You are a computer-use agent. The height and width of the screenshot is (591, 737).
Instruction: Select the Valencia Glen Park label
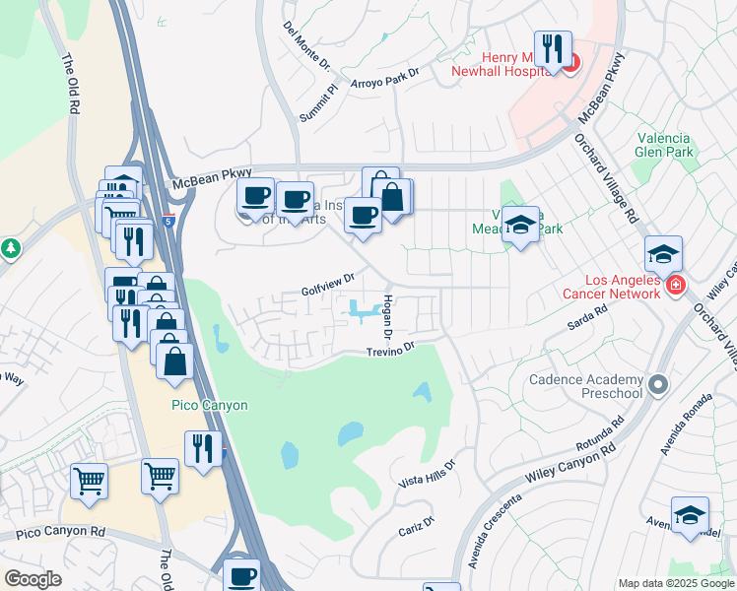[x=664, y=145]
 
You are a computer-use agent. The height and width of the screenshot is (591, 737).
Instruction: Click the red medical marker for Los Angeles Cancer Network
[x=675, y=286]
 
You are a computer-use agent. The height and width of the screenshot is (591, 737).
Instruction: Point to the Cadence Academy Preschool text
[x=585, y=386]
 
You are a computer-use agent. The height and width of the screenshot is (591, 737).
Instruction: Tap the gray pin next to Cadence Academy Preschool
[x=659, y=384]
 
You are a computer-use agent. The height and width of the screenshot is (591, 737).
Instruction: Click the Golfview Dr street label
[x=327, y=287]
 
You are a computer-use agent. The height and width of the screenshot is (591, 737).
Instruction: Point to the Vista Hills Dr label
[x=427, y=474]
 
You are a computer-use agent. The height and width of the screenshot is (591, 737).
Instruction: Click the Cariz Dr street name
[x=415, y=526]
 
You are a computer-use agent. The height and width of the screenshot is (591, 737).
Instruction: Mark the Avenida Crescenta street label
[x=489, y=541]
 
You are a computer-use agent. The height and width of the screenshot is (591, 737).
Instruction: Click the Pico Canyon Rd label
[x=61, y=532]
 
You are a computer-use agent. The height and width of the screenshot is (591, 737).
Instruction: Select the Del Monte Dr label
[x=306, y=45]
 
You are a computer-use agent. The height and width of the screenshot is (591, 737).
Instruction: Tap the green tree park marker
[x=11, y=247]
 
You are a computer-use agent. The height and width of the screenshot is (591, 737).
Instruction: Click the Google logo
[x=33, y=578]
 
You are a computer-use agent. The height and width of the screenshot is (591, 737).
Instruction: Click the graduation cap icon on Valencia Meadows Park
[x=520, y=225]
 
